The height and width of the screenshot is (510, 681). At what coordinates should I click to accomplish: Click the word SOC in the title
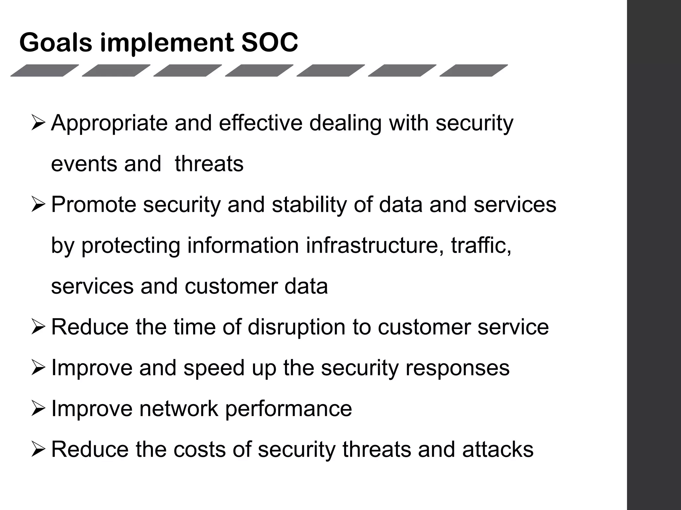[x=270, y=42]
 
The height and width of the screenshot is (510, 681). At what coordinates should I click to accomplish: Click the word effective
[x=260, y=123]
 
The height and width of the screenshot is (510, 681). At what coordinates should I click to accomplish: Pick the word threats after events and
[x=209, y=164]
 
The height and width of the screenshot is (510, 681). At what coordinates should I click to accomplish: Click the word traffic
[x=481, y=245]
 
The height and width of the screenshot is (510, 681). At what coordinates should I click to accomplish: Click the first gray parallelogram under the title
[x=45, y=70]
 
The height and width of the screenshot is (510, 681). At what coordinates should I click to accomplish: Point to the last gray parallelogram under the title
[x=474, y=70]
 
